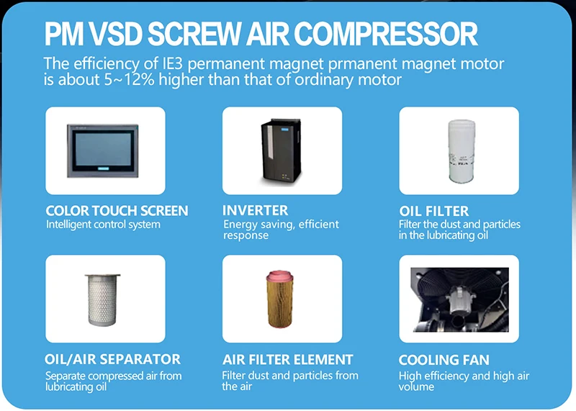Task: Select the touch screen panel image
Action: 105,150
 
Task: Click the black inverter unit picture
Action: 282,150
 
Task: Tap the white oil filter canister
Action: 459,150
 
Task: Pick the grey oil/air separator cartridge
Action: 105,298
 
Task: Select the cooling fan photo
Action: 459,297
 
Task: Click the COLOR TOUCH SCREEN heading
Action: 117,211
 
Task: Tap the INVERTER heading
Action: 255,211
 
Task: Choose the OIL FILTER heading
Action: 434,211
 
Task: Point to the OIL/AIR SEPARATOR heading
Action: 112,359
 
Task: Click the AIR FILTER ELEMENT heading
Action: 287,359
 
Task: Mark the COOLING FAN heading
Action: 444,359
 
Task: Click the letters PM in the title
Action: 68,34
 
